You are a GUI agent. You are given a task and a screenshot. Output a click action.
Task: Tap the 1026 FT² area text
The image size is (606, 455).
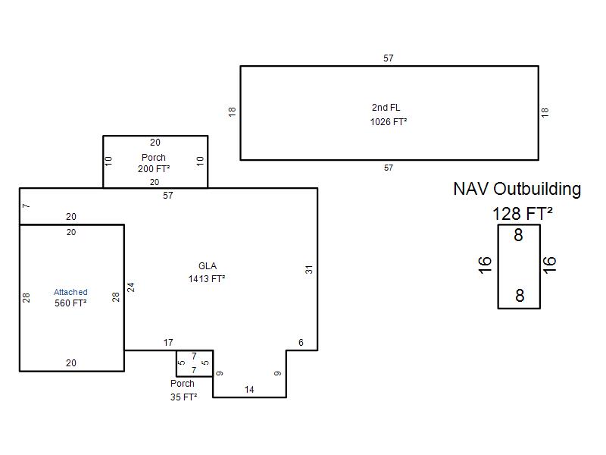pos(388,121)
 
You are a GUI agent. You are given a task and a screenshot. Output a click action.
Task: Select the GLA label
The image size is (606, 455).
pos(207,266)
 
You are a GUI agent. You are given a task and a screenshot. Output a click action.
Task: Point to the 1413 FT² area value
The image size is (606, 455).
pos(207,279)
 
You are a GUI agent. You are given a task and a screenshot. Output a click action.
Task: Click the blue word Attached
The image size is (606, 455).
pos(70,292)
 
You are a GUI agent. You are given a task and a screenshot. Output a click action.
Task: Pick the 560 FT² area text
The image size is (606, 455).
pos(70,303)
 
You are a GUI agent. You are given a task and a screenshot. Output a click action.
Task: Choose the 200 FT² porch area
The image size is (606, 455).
pos(154,169)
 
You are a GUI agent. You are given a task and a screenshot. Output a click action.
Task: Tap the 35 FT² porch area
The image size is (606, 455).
pos(183,397)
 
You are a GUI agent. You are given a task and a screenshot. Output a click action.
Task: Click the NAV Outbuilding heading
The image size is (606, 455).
pos(517,189)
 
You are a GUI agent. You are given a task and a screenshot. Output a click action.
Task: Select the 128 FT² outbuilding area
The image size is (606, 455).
pos(522,213)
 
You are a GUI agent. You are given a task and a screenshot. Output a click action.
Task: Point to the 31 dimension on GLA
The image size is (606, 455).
pos(309,268)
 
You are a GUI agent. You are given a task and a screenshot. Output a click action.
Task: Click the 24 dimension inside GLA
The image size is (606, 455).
pos(130,287)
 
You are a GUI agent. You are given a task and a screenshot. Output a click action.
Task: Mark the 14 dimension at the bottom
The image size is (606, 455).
pos(249,390)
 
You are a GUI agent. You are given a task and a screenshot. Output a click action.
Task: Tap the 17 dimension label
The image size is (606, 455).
pos(168,343)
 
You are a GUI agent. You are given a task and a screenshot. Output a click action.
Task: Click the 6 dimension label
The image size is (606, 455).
pos(301,343)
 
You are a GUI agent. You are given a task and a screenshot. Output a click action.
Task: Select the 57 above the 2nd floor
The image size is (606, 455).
pos(389,58)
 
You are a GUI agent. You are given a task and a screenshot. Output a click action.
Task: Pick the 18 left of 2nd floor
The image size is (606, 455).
pos(233,111)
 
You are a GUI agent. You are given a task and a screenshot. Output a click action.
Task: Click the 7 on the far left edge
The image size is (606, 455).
pos(26,206)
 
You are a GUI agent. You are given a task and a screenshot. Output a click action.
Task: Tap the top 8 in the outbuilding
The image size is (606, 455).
pos(518,236)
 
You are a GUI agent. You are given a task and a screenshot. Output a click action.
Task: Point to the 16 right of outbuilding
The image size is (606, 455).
pos(550,264)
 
